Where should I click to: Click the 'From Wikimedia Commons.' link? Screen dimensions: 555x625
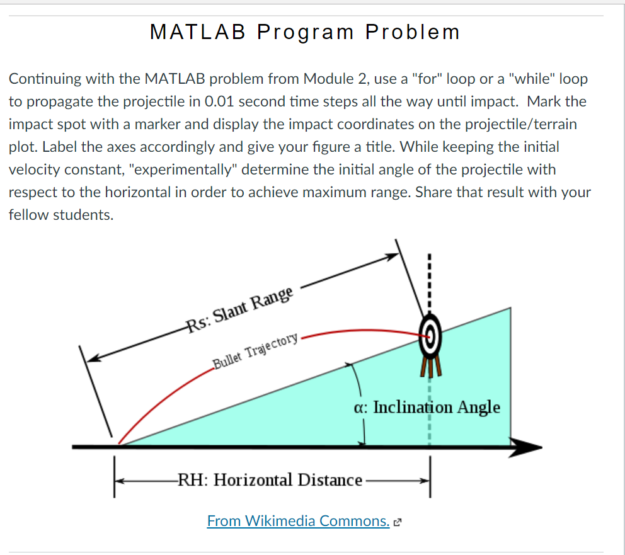(298, 521)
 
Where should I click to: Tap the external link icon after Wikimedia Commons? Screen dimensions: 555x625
(397, 522)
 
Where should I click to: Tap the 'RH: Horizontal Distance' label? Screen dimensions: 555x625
(271, 481)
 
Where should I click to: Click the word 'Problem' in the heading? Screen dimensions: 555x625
(413, 32)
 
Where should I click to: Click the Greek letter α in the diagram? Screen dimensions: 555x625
(360, 407)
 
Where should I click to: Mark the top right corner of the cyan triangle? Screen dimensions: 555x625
(510, 309)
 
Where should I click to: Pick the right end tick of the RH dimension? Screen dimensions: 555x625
(430, 479)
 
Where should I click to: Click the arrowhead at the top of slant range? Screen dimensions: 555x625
(394, 256)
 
